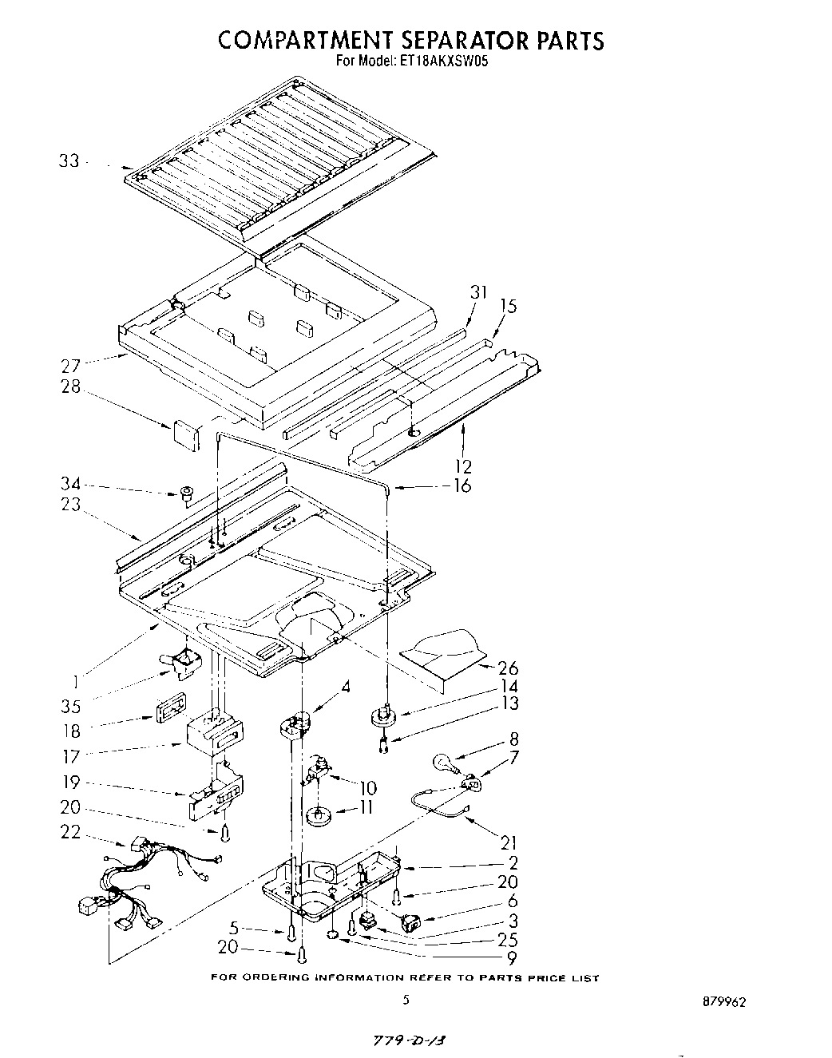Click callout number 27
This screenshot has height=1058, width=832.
[x=70, y=366]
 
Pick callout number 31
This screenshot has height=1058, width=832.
[x=477, y=293]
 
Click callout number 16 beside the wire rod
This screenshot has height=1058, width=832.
[x=462, y=485]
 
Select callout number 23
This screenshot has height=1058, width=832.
[x=70, y=504]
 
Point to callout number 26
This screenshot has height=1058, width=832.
[x=508, y=668]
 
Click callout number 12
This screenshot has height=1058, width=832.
[x=462, y=466]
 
